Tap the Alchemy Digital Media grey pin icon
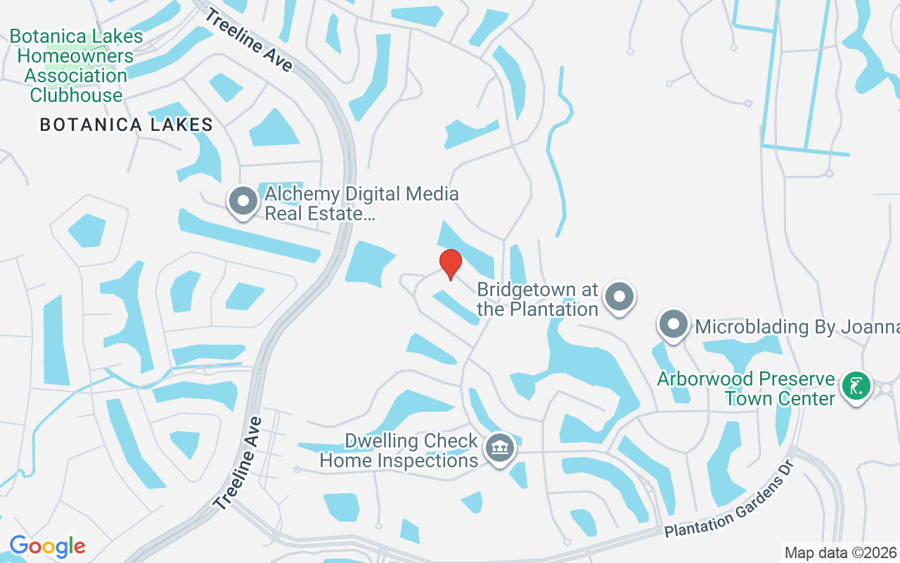(x=243, y=201)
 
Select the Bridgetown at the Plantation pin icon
(x=619, y=297)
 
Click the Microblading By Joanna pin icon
(x=674, y=325)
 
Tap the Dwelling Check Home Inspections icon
(x=500, y=448)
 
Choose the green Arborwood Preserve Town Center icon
(x=856, y=386)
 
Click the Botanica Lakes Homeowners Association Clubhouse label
(x=76, y=65)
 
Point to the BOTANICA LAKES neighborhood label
(x=127, y=125)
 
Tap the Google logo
(x=47, y=545)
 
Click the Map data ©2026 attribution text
(x=840, y=552)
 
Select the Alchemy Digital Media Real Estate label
(x=361, y=203)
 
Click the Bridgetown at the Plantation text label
(x=538, y=299)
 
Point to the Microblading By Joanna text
(x=797, y=327)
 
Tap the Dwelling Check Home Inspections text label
(x=399, y=451)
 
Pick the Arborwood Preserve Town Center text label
(x=745, y=388)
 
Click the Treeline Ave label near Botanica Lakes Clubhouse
(x=248, y=39)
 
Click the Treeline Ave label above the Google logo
(x=239, y=463)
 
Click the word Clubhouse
(x=76, y=95)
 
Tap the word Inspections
(x=428, y=461)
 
